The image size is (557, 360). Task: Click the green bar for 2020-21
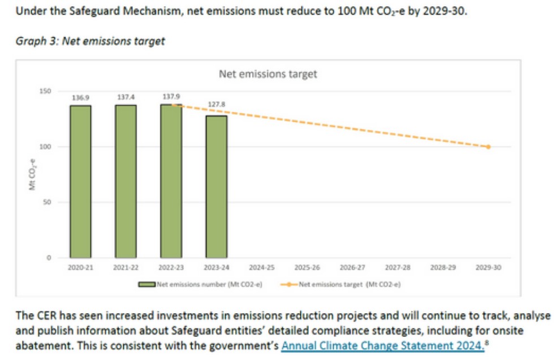click(80, 181)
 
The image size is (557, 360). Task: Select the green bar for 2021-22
click(126, 181)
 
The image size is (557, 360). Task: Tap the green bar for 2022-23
click(171, 181)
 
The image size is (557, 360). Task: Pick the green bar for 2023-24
click(217, 186)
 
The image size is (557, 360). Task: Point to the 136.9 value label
click(80, 98)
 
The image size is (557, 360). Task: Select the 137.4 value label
click(126, 97)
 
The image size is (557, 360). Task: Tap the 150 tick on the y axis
click(46, 91)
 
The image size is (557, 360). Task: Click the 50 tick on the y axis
click(48, 202)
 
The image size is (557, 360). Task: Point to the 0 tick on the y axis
click(49, 258)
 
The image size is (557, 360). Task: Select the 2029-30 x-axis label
click(489, 267)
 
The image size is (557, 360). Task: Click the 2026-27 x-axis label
click(352, 267)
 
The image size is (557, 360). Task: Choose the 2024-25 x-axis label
click(262, 267)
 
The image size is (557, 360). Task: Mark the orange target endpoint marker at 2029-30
click(489, 147)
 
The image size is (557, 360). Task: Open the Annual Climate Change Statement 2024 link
click(382, 345)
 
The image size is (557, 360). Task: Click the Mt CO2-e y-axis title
click(32, 175)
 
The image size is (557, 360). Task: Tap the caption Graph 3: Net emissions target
click(90, 41)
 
